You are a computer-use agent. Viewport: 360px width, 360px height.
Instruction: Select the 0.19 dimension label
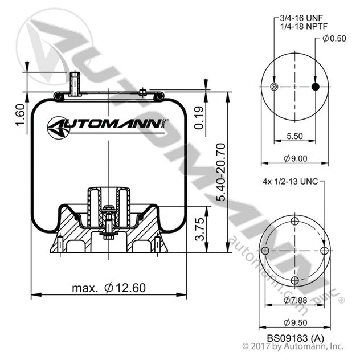pos(199,120)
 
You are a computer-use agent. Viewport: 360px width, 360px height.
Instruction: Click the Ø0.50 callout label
pos(333,39)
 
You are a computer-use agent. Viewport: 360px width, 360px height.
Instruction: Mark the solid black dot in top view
pos(315,87)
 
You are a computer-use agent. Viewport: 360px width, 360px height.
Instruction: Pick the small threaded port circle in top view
pos(274,87)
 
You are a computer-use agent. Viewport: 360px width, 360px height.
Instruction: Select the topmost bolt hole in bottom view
pos(294,222)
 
